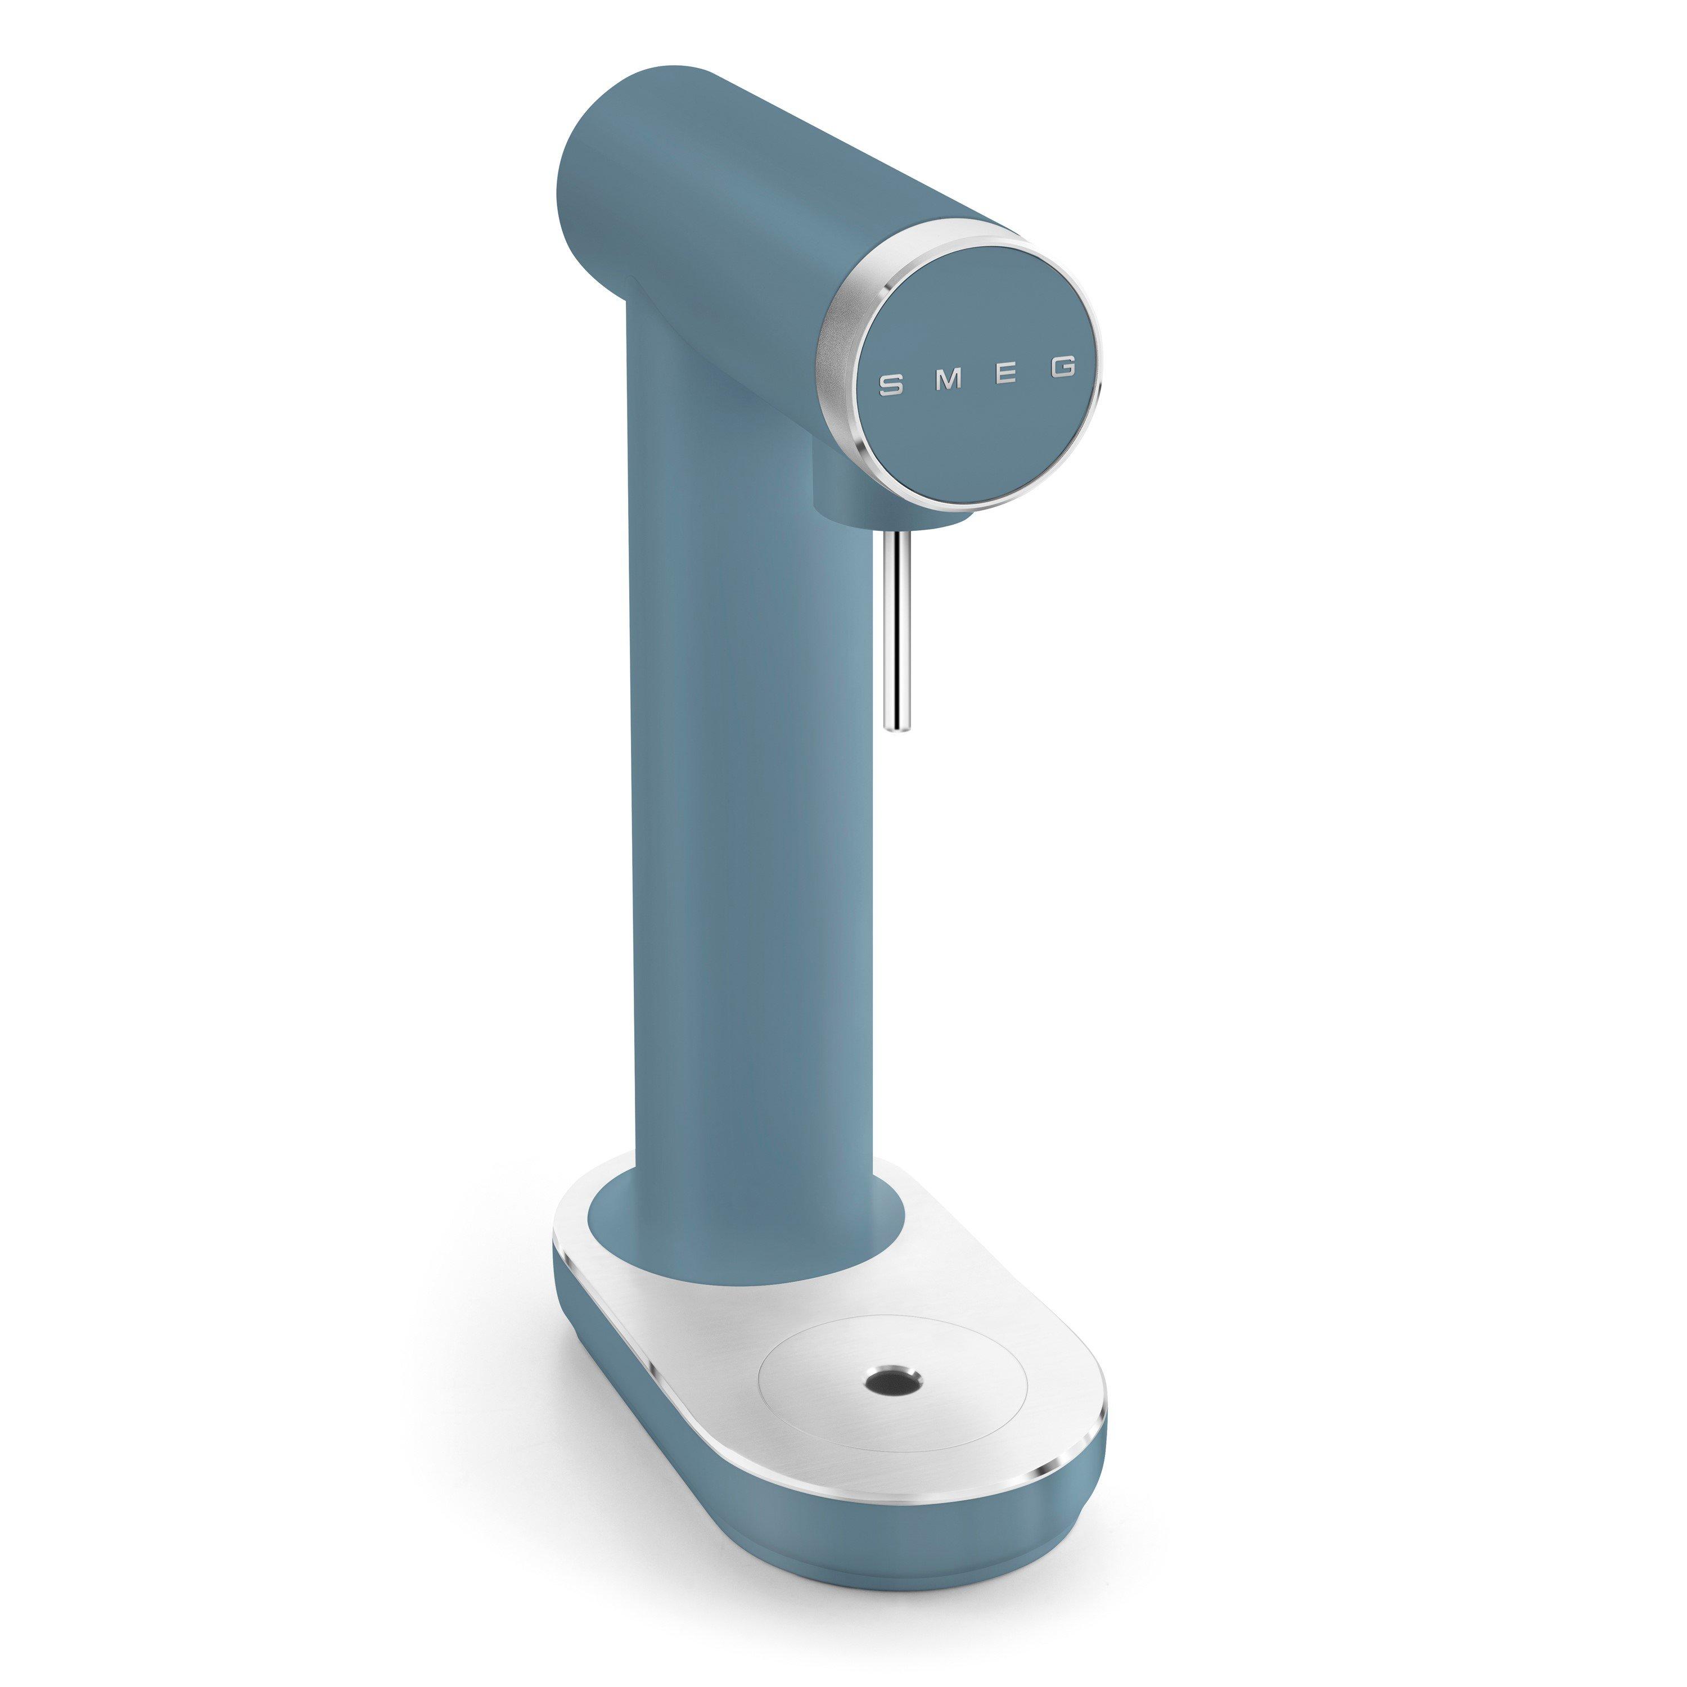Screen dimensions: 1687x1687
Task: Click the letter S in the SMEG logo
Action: coord(891,385)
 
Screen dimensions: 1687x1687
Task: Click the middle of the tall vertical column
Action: coord(742,829)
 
